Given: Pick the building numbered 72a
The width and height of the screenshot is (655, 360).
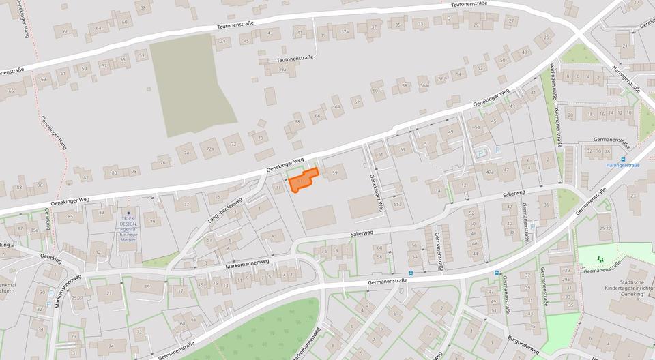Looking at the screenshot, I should click(x=211, y=148).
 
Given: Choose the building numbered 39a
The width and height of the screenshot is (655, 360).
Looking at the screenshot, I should click(x=282, y=69).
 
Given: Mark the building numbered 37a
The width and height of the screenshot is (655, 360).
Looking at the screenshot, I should click(x=345, y=31).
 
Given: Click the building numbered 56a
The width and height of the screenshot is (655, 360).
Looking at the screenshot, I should click(x=424, y=85).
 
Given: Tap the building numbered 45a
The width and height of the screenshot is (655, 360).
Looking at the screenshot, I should click(x=476, y=127).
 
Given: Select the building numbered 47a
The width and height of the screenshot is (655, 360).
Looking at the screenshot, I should click(x=489, y=172).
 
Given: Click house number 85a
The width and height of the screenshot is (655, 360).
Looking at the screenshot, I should click(x=34, y=230).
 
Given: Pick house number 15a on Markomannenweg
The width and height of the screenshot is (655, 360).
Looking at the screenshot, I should click(x=202, y=284).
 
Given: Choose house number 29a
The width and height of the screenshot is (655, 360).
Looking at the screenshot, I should click(x=566, y=279).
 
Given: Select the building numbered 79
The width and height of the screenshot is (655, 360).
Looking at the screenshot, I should click(x=152, y=221).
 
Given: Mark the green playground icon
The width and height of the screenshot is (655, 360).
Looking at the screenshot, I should click(x=600, y=258).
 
